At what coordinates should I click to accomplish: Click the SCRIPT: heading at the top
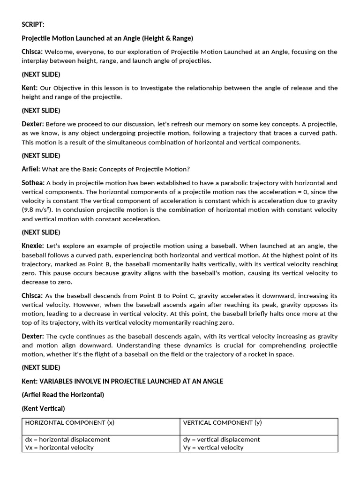coord(33,24)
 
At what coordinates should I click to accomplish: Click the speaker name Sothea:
coord(33,183)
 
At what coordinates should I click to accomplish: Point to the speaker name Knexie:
coord(33,246)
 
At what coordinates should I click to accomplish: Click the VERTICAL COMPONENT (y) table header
coord(222,422)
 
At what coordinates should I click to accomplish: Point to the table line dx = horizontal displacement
coord(67,439)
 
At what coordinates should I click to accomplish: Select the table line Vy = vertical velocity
coord(213,447)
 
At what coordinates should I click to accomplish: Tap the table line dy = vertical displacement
coord(221,439)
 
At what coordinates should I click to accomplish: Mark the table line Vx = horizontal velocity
coord(59,447)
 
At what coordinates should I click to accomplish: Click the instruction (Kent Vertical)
coord(43,408)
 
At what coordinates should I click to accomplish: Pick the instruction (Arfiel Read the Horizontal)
coord(63,395)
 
